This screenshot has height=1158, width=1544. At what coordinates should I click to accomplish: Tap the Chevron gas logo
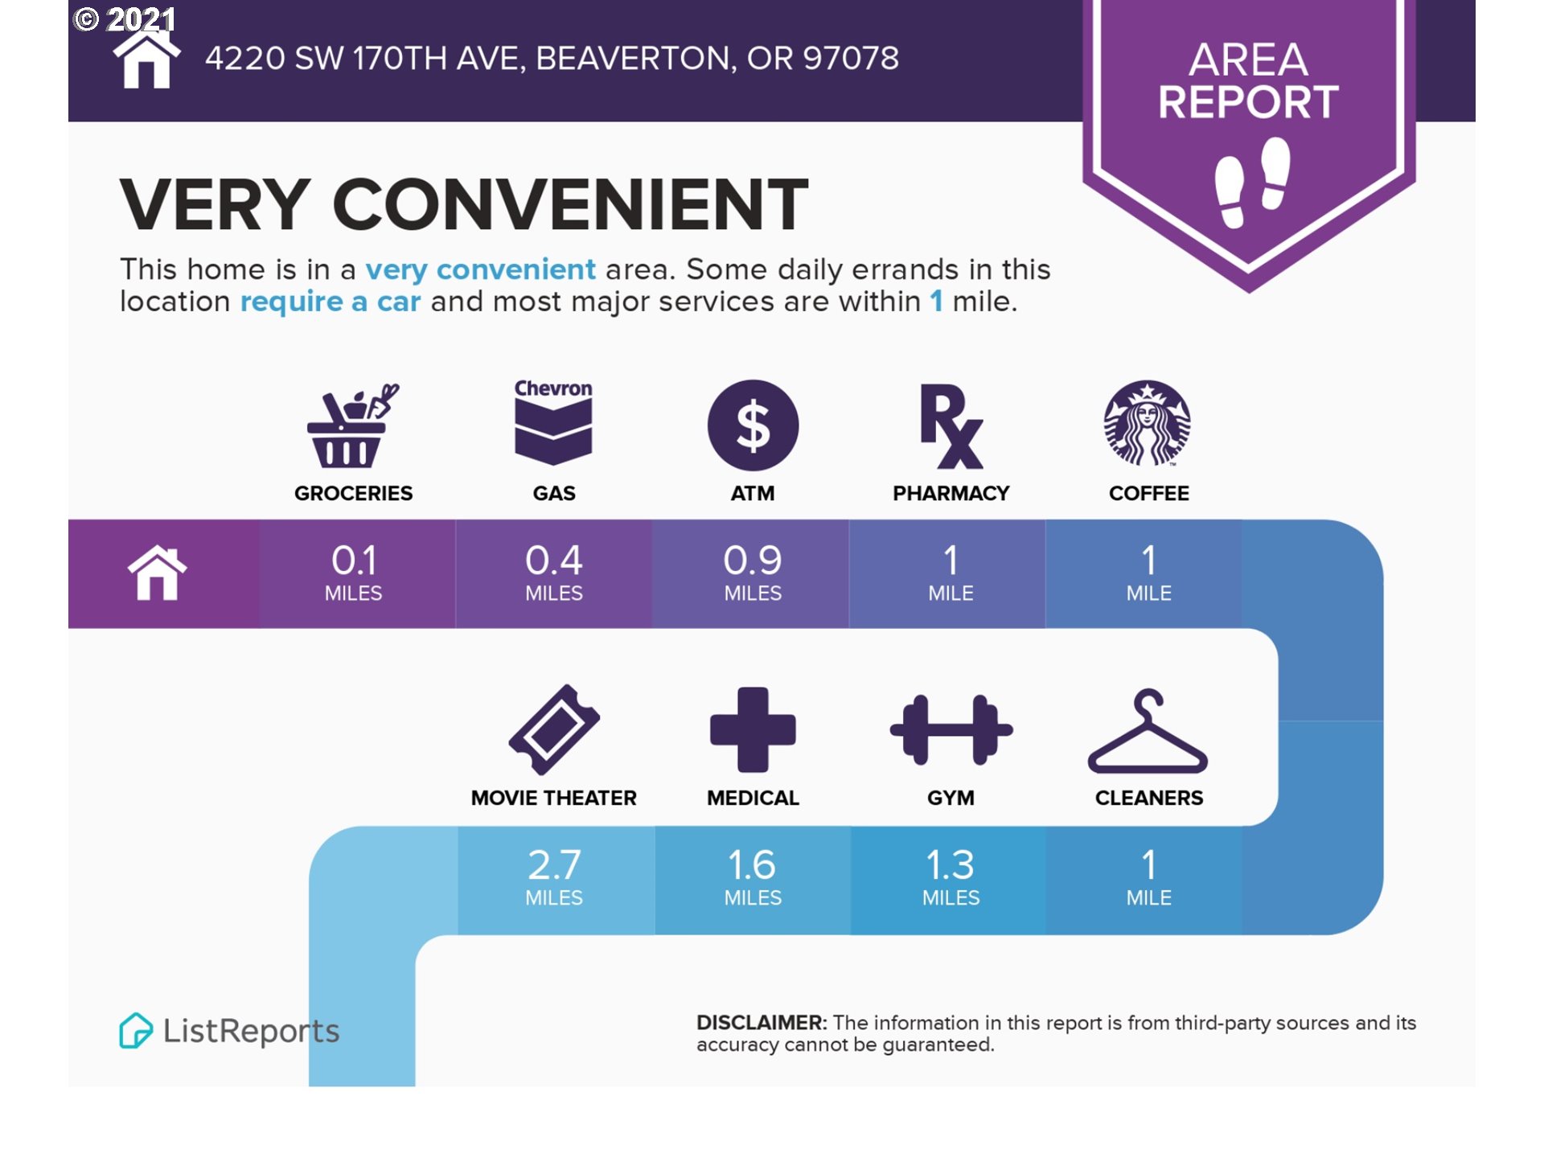(553, 422)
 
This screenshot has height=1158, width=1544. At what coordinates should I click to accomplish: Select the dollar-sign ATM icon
(753, 425)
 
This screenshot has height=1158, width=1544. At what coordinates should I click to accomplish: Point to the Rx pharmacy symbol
(951, 426)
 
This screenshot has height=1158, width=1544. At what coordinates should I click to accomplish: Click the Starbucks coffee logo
(1148, 424)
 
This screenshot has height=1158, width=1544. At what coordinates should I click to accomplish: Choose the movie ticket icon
(554, 730)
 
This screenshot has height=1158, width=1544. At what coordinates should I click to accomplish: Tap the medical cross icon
(753, 729)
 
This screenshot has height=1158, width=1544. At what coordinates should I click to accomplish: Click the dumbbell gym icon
(951, 729)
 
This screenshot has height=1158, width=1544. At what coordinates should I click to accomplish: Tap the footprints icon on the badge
(1252, 183)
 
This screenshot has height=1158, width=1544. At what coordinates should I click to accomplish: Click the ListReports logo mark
(135, 1030)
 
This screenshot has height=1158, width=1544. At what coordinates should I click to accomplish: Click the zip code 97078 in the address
(851, 58)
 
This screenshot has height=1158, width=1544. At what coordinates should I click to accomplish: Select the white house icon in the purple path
(158, 573)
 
